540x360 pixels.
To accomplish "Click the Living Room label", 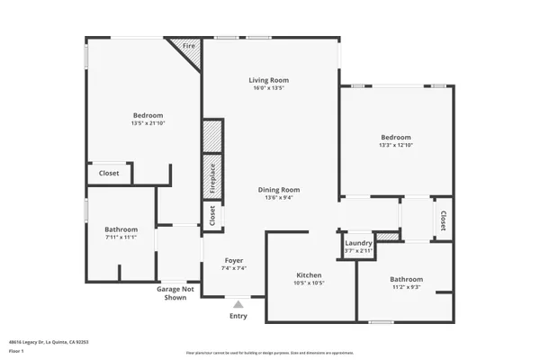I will click(x=268, y=80).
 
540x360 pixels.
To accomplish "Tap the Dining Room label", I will click(x=279, y=190).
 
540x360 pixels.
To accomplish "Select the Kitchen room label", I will click(x=310, y=274).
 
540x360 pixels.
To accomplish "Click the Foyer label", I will click(x=234, y=259).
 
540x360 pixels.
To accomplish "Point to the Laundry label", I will click(x=358, y=242).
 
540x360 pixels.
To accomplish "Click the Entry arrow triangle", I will click(x=238, y=304).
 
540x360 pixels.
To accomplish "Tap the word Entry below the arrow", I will click(x=238, y=316).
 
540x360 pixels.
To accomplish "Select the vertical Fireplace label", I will click(x=212, y=177).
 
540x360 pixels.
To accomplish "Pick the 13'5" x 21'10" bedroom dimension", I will click(x=148, y=123).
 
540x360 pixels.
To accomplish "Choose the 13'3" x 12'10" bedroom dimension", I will click(x=396, y=145).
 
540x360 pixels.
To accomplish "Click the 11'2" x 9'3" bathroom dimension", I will click(x=406, y=288).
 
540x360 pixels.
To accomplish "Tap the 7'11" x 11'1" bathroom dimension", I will click(x=121, y=238).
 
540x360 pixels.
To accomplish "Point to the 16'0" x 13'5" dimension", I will click(x=268, y=88).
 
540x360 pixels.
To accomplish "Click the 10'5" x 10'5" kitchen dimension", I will click(x=310, y=283).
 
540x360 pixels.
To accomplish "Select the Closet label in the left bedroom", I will click(x=109, y=173).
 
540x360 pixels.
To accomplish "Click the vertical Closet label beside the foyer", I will click(x=212, y=215).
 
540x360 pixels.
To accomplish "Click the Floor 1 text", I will click(x=16, y=349).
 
